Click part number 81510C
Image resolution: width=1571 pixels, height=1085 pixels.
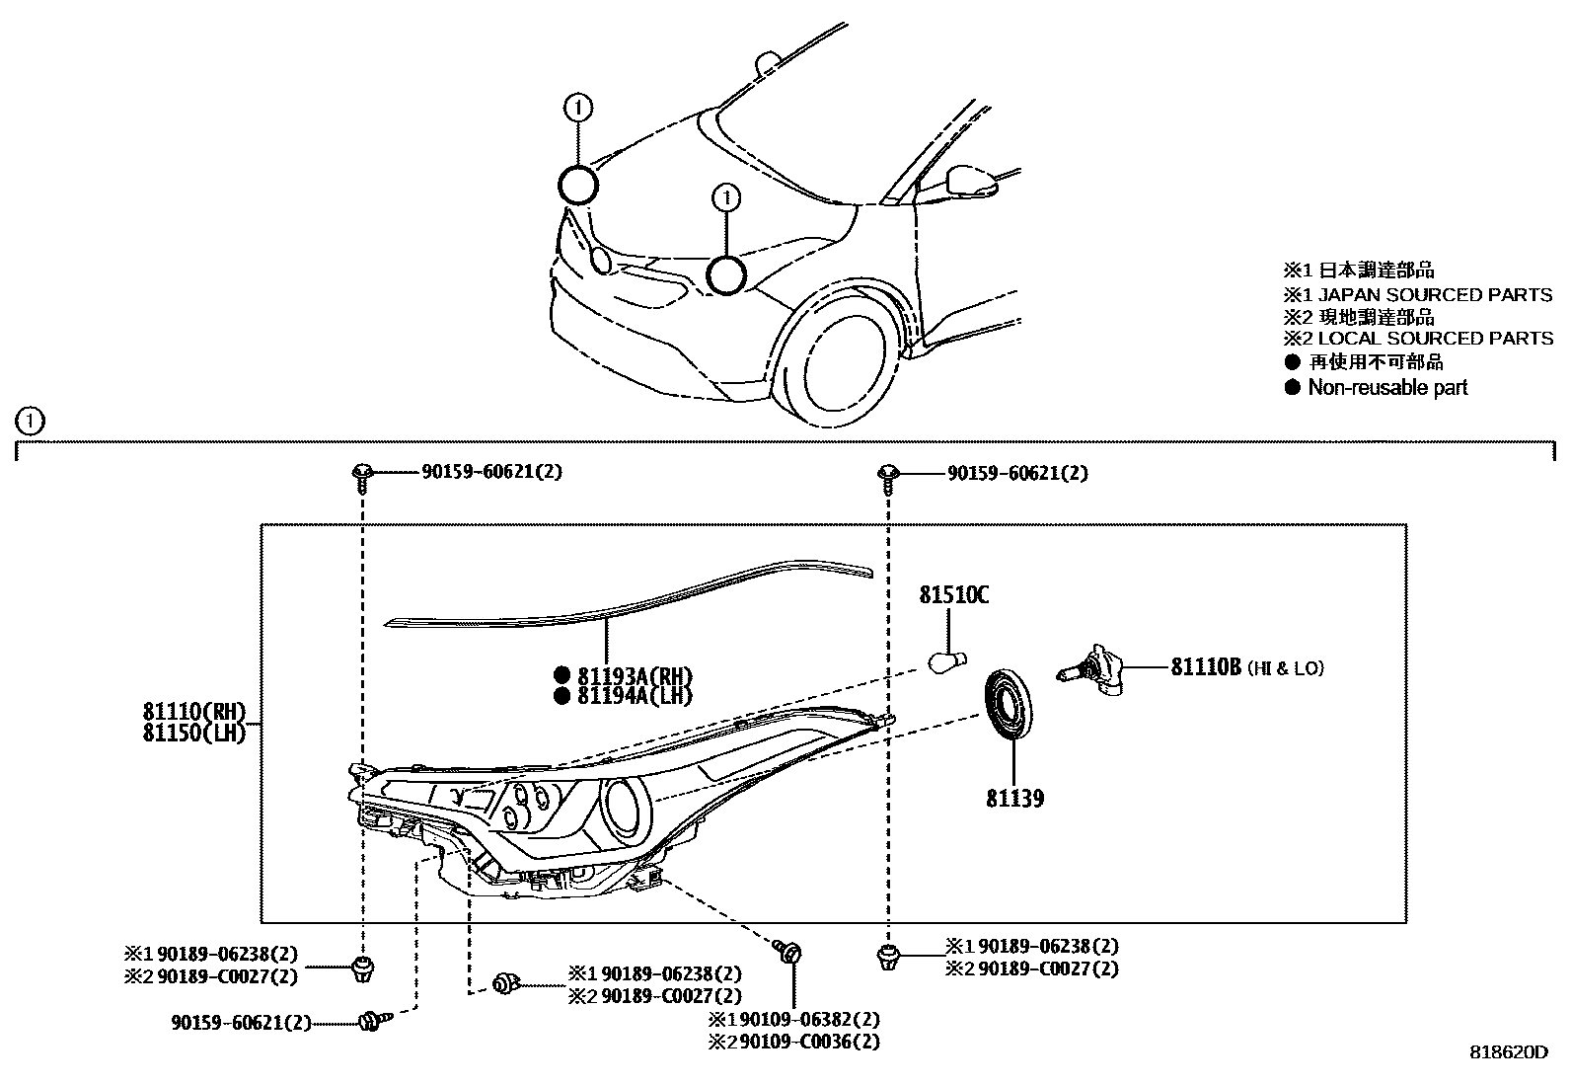tap(953, 595)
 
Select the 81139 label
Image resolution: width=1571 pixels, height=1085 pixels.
tap(1014, 798)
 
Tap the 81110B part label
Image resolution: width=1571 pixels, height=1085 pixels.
tap(1204, 667)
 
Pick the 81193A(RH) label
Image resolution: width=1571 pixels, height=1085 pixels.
tap(635, 676)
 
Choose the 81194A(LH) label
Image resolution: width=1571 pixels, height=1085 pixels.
tap(635, 697)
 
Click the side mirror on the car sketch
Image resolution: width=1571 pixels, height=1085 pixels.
tap(968, 181)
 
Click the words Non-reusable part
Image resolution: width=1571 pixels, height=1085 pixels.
tap(1387, 388)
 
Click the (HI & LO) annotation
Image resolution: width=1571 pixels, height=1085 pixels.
tap(1285, 668)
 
